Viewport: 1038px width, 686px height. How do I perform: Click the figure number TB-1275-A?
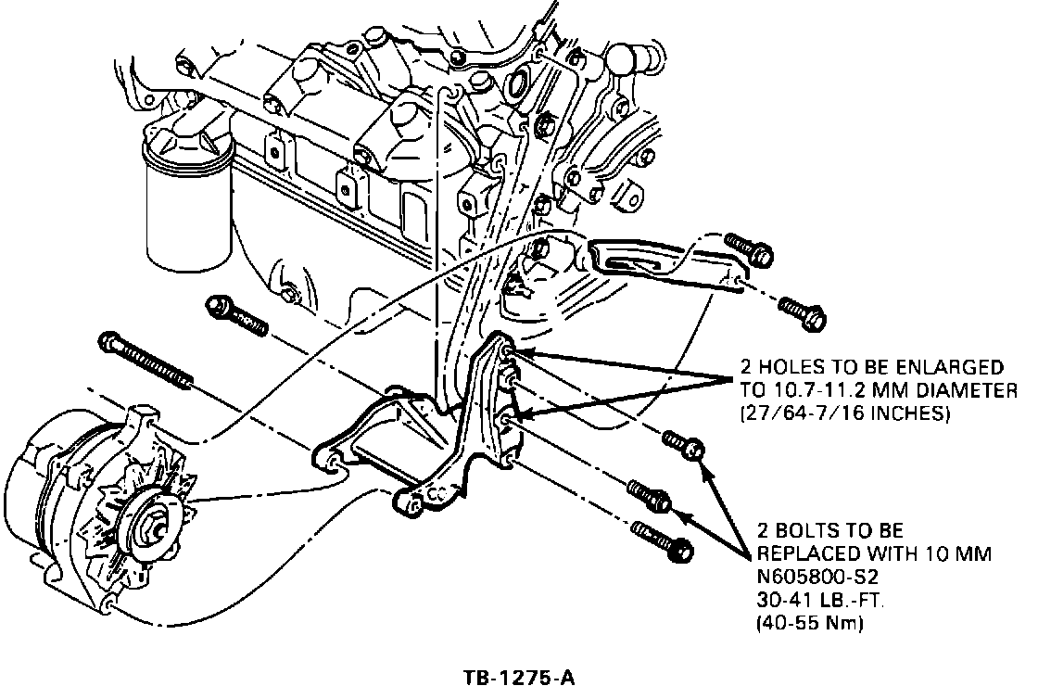click(x=519, y=676)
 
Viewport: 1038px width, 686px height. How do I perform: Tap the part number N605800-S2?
click(x=805, y=578)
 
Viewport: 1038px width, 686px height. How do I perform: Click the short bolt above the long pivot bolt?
click(x=236, y=315)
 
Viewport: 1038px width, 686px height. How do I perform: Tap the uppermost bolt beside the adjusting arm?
click(x=746, y=248)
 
